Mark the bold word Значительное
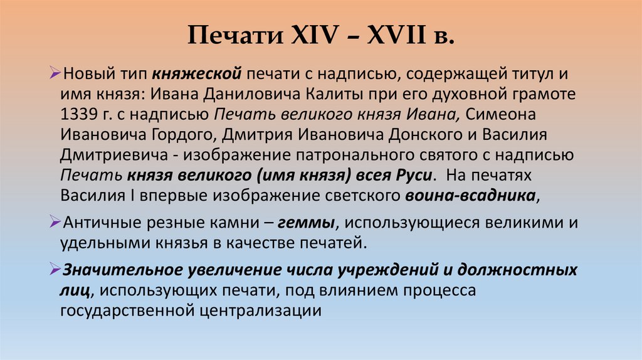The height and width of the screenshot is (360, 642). [121, 270]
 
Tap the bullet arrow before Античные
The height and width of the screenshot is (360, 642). [55, 223]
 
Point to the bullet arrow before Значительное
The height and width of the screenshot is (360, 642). [55, 270]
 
